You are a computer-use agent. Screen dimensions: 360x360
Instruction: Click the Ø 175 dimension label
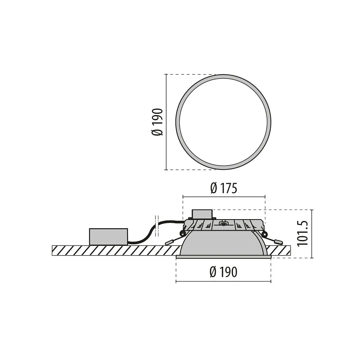(224, 189)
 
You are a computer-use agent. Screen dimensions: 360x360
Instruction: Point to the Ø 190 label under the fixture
(224, 272)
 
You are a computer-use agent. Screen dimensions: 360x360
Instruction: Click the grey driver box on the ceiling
(108, 237)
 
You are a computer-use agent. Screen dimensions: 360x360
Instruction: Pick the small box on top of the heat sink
(202, 214)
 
